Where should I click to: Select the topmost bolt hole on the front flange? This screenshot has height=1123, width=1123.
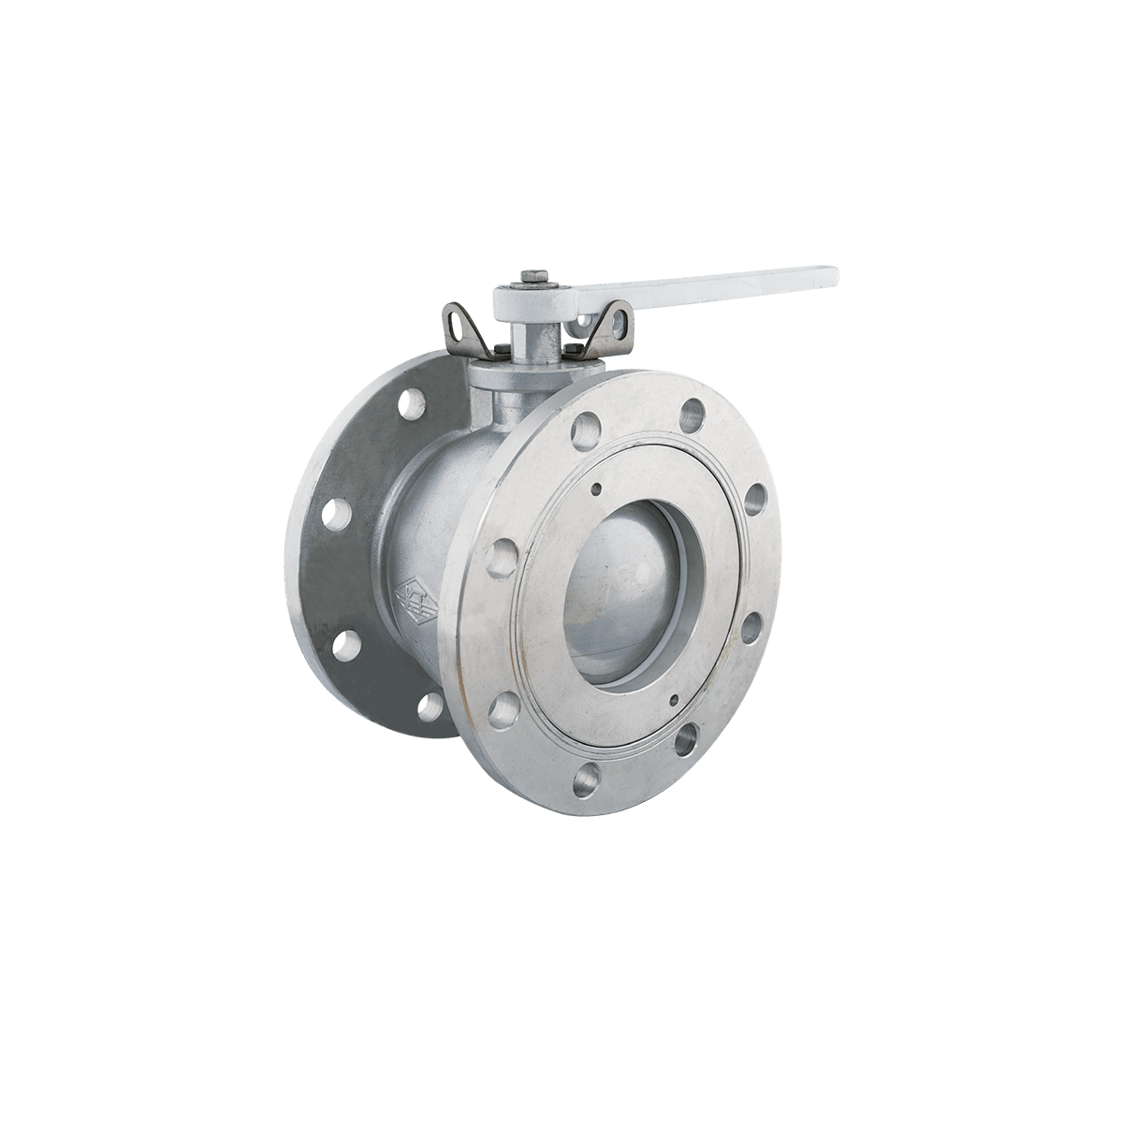coord(693,410)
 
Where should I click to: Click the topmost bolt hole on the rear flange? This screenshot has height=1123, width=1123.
coord(410,405)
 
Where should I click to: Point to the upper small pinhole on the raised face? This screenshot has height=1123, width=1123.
coord(595,487)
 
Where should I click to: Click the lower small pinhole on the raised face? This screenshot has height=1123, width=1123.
coord(673,698)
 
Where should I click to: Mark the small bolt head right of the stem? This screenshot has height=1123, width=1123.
coord(567,352)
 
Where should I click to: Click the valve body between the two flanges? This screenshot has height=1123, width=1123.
coord(440,524)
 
